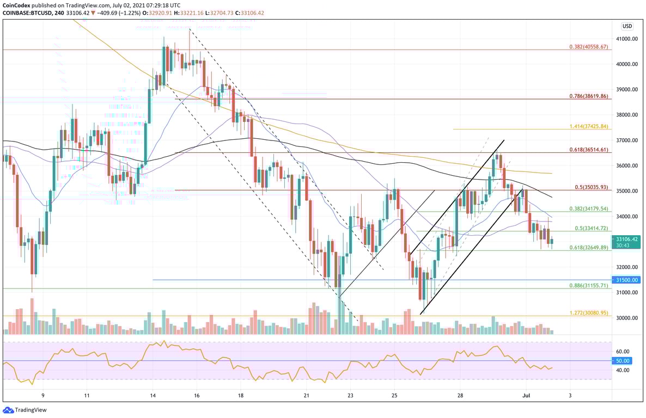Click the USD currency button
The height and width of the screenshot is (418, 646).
pyautogui.click(x=627, y=26)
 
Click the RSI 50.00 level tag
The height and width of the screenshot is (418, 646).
pyautogui.click(x=623, y=361)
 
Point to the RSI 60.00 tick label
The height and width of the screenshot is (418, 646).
pyautogui.click(x=623, y=352)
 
